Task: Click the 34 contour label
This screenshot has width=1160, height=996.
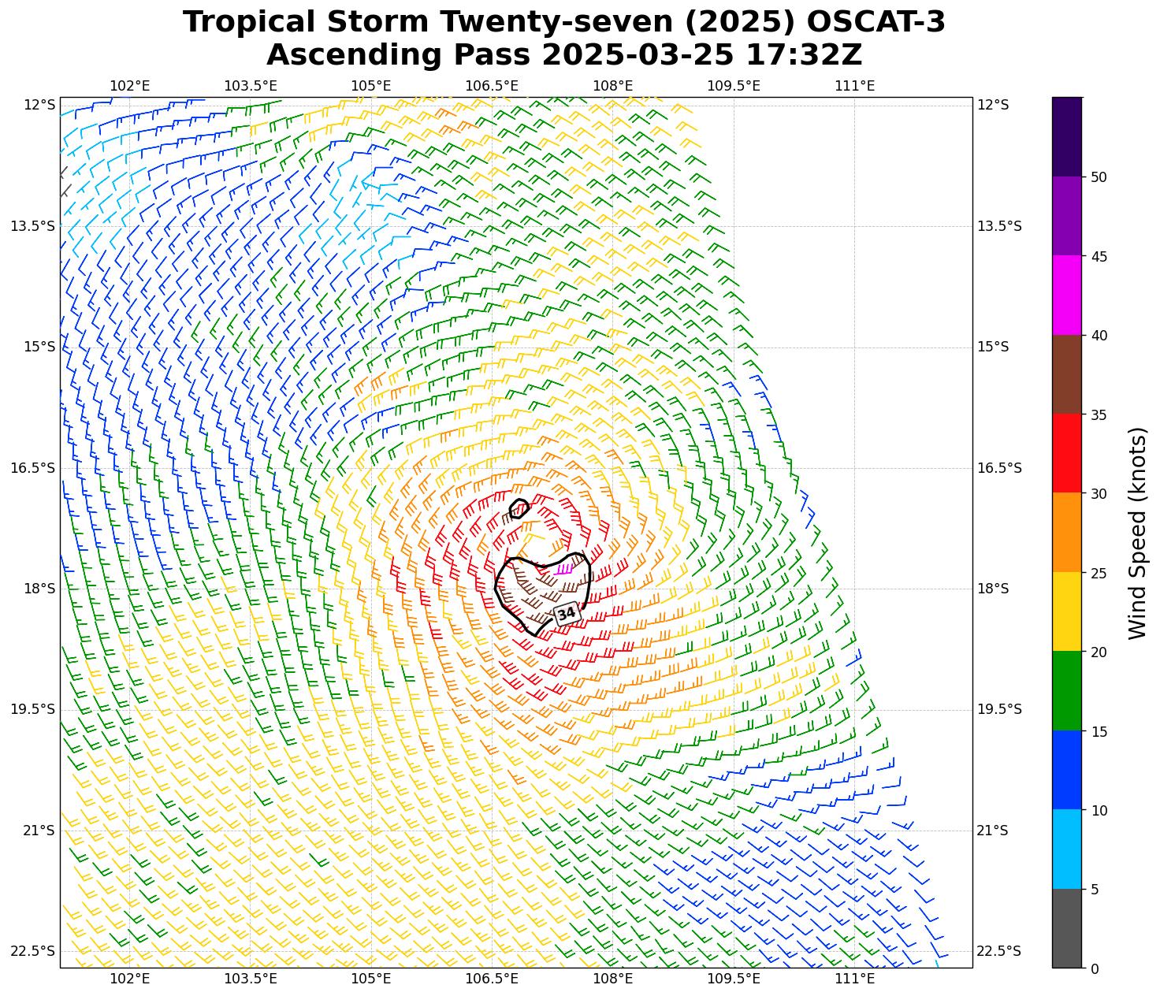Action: pyautogui.click(x=566, y=614)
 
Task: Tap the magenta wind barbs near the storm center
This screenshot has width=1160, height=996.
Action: pyautogui.click(x=564, y=569)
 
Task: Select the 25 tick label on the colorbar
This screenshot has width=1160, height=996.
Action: pyautogui.click(x=1098, y=573)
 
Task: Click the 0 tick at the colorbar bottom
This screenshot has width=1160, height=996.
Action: pyautogui.click(x=1094, y=968)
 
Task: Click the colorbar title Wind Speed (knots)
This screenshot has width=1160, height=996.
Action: pyautogui.click(x=1137, y=533)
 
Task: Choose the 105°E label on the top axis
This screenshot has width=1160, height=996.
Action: pyautogui.click(x=371, y=85)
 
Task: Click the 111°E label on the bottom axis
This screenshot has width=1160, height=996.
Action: pyautogui.click(x=854, y=979)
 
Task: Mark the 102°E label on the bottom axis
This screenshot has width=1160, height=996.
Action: pyautogui.click(x=129, y=979)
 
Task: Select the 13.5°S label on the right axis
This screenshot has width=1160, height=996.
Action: pyautogui.click(x=999, y=226)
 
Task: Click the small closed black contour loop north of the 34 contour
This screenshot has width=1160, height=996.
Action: pyautogui.click(x=519, y=507)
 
